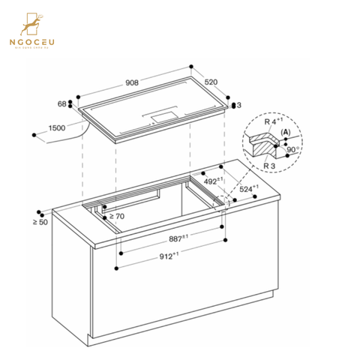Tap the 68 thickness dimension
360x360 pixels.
(x=62, y=103)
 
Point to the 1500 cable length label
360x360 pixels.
(x=57, y=128)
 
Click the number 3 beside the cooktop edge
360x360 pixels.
(x=239, y=105)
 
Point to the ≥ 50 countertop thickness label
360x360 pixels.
(x=40, y=223)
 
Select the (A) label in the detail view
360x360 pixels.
(x=285, y=132)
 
